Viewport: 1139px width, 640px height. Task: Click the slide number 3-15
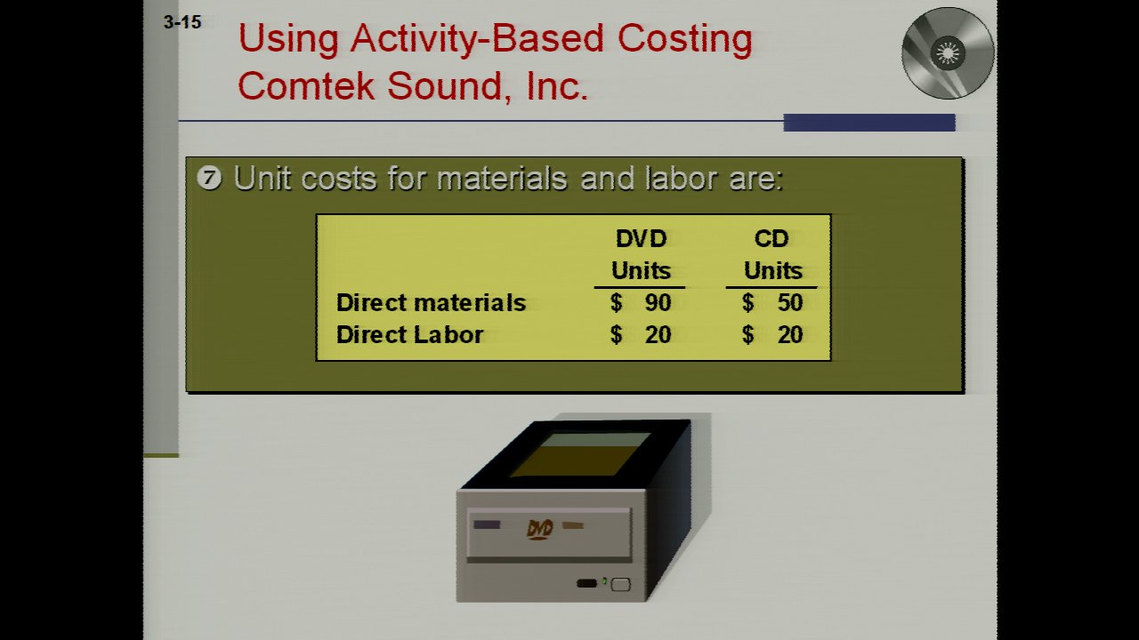point(182,22)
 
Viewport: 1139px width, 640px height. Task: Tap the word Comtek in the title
point(306,85)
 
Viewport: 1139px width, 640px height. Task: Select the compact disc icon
point(948,53)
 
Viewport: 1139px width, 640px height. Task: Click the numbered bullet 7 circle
point(209,178)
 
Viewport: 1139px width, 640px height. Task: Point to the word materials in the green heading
point(502,179)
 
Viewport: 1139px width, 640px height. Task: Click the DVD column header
point(641,254)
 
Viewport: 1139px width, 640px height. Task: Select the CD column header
point(772,254)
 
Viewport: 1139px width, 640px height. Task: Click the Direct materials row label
point(431,303)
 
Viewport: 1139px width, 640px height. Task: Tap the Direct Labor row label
point(409,335)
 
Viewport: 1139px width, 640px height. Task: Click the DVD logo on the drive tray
point(540,529)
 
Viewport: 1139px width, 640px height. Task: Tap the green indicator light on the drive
point(604,581)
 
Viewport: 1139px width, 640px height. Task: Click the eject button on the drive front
point(620,585)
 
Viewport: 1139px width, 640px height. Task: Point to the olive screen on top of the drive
point(581,454)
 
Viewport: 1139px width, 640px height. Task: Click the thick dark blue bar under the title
point(869,123)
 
